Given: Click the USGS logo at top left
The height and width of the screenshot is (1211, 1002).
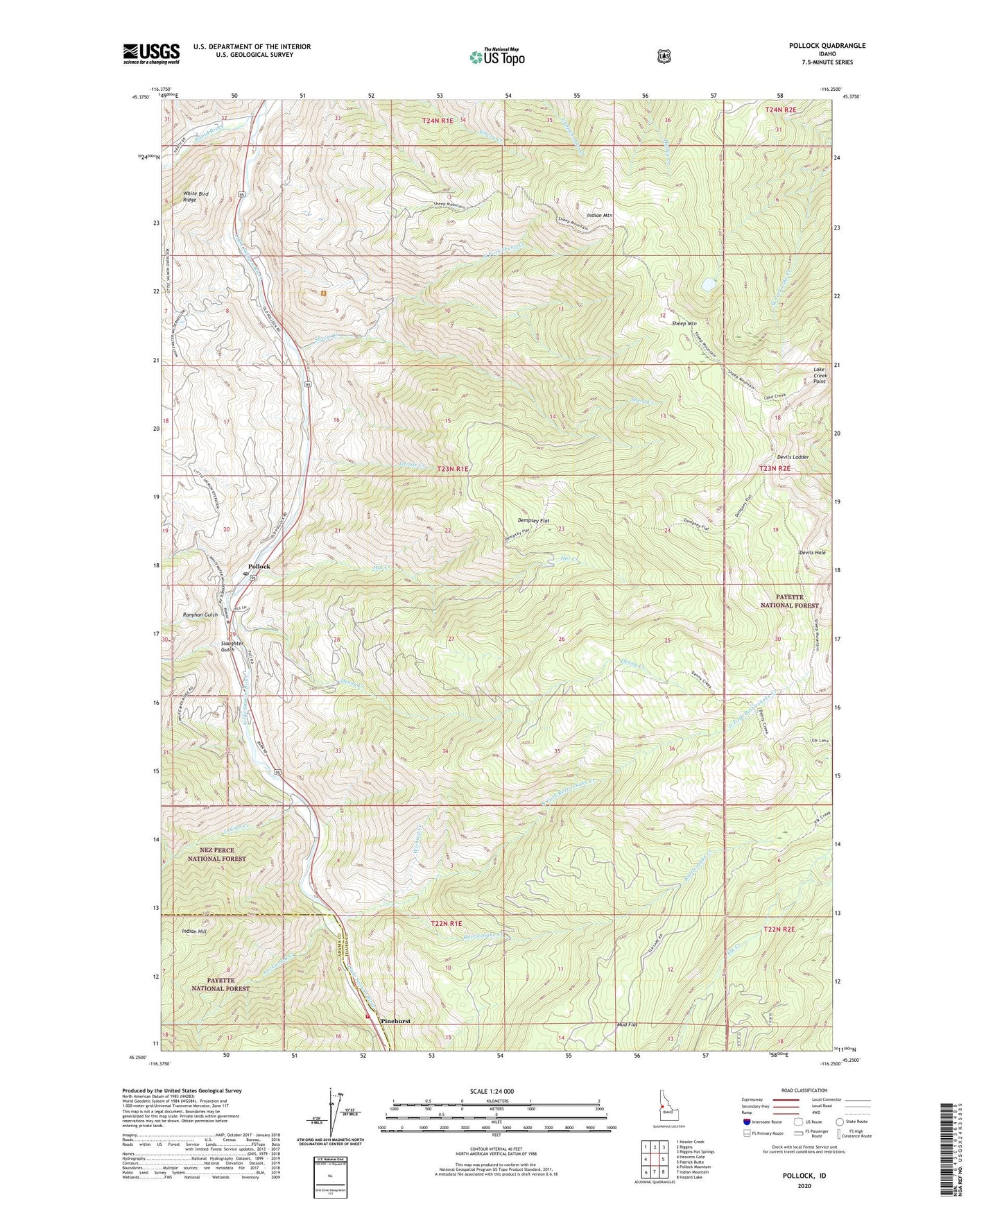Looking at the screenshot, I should pos(151,53).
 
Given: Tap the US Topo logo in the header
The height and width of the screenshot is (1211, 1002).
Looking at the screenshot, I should pos(496,57).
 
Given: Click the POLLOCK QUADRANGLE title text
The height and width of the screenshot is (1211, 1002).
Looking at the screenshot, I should pos(827,46).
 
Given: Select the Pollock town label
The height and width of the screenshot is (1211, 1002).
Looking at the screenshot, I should pos(259,567).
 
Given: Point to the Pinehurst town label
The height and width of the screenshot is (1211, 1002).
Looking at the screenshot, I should pos(396,1021).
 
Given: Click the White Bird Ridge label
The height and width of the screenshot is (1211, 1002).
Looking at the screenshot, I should pos(196,197).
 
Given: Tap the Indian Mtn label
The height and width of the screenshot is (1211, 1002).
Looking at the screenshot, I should pos(599,216).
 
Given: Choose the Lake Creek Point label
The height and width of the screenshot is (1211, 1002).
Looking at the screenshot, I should pos(820,375).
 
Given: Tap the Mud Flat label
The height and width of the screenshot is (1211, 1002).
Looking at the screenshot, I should pos(626,1024).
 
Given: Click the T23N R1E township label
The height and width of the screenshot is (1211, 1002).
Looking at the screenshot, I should pos(453,469).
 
